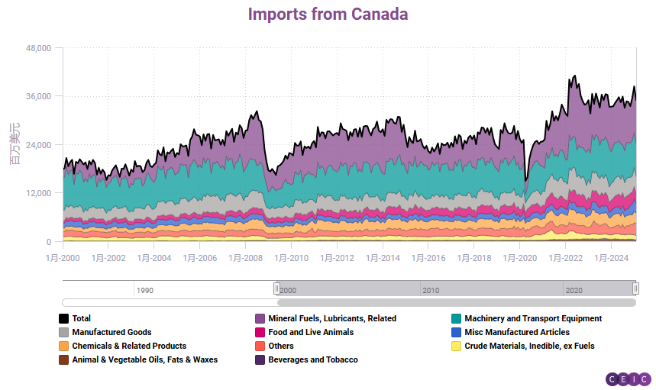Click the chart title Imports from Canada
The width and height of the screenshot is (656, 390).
(x=328, y=15)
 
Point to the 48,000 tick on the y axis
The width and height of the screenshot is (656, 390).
(x=38, y=48)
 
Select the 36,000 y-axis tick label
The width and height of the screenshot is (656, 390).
(x=38, y=96)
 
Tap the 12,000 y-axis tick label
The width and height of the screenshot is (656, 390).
(x=38, y=193)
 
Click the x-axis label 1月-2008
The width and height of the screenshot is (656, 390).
(x=245, y=258)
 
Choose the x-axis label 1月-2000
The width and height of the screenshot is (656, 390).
(x=62, y=258)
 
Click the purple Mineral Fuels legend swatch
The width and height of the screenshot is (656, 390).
(x=260, y=318)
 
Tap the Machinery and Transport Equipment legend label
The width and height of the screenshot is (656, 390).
(x=533, y=318)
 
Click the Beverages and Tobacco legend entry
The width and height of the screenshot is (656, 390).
(x=313, y=359)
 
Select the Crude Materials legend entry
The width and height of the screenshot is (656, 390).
(x=529, y=346)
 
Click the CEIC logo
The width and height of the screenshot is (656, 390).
(x=629, y=379)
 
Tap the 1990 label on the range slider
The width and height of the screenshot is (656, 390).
(x=145, y=290)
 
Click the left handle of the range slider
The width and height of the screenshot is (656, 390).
(x=276, y=288)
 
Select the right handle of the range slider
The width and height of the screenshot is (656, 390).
(x=635, y=288)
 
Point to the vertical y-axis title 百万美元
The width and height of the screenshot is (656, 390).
(x=14, y=143)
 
